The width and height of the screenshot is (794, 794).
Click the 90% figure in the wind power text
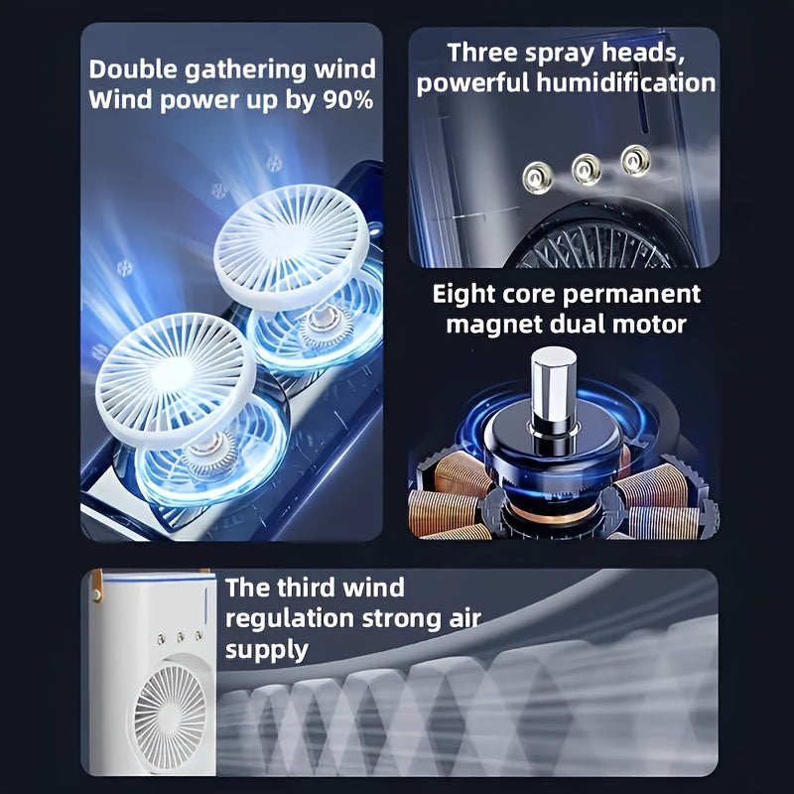(x=348, y=100)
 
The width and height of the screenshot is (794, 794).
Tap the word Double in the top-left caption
(x=133, y=68)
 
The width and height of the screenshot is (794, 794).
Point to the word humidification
(x=626, y=82)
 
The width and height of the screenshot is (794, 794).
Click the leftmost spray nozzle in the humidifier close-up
(x=537, y=179)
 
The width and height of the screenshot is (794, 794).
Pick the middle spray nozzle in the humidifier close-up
(x=587, y=169)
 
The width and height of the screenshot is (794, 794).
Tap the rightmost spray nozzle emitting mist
(x=635, y=160)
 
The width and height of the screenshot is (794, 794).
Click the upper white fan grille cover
(x=291, y=246)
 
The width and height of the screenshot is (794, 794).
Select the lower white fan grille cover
(x=175, y=379)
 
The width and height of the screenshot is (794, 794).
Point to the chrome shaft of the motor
(x=554, y=387)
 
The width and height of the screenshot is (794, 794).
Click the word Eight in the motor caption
(x=461, y=294)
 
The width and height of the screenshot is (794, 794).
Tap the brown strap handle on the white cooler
(x=96, y=586)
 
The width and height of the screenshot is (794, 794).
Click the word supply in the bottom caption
(x=267, y=650)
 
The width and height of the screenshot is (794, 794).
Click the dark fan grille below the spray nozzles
(x=594, y=244)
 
